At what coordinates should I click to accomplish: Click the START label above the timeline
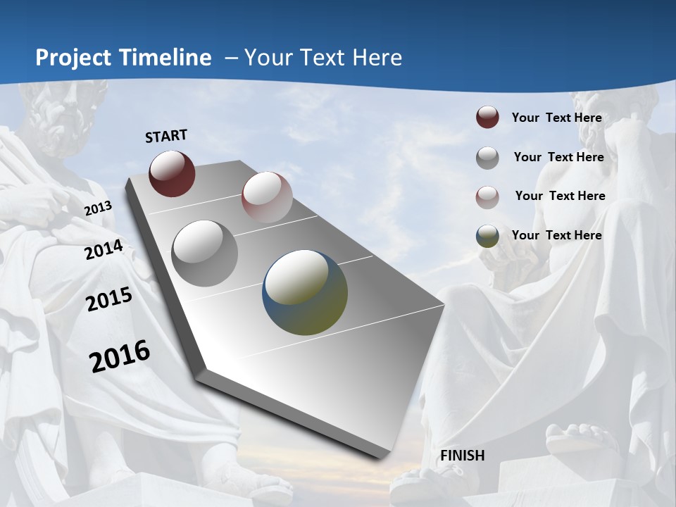(x=166, y=136)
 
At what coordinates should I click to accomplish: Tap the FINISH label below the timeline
(x=463, y=456)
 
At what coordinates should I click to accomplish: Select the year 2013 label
(x=98, y=208)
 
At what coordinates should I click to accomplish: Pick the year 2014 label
(x=104, y=250)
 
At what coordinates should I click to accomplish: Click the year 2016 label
(x=120, y=356)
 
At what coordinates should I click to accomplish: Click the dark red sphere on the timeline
(x=172, y=173)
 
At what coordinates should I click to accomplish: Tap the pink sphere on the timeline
(x=267, y=197)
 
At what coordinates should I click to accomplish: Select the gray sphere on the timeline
(x=205, y=253)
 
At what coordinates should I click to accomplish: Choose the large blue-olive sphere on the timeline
(x=305, y=292)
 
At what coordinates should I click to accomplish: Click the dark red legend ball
(x=487, y=118)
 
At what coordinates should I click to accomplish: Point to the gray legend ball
(x=487, y=158)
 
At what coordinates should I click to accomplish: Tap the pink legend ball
(x=487, y=196)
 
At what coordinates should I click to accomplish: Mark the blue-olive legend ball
(x=487, y=236)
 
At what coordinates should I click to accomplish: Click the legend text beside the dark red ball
(x=556, y=118)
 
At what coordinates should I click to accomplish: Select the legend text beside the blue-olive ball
(x=556, y=235)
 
